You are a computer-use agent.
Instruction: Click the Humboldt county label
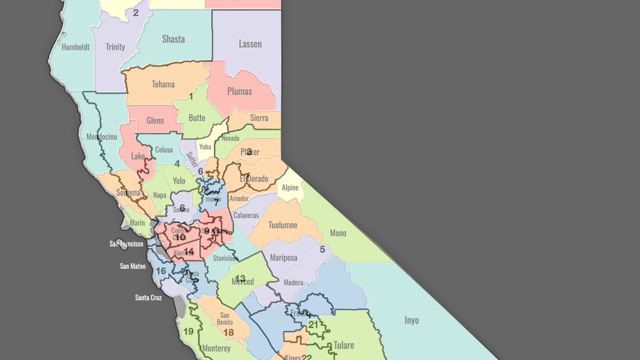point(75,47)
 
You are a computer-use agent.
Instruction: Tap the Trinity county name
point(115,47)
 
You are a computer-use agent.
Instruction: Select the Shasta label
point(173,39)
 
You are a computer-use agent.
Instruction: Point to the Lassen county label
point(250,44)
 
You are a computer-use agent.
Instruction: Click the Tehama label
point(163,84)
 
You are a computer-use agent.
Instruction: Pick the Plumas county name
point(239,91)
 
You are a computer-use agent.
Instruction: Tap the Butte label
point(197,118)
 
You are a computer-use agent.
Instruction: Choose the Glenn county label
point(155,121)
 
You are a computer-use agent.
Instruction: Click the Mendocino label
point(101,137)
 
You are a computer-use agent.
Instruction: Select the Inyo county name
point(411,320)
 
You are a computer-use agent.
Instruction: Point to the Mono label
point(338,233)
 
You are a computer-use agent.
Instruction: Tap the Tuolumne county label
point(283,225)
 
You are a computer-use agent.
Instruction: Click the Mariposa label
point(283,258)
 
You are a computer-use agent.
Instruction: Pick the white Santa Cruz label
point(148,298)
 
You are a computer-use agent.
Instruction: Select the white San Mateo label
point(133,266)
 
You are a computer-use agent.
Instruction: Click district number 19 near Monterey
point(188,332)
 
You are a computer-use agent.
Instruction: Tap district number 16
point(161,271)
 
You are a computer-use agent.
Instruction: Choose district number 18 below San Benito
point(228,333)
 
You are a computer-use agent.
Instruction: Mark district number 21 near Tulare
point(314,325)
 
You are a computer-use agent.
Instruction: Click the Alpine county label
point(290,188)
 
